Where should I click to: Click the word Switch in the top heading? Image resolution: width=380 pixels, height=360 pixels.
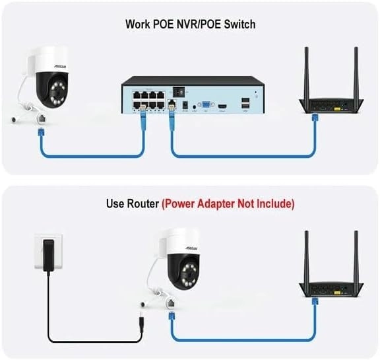tap(239, 24)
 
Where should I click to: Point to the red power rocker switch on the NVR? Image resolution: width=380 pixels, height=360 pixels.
tap(179, 92)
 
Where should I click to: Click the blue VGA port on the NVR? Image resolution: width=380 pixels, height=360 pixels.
tap(206, 105)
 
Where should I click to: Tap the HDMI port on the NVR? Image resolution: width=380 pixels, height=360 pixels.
tap(222, 106)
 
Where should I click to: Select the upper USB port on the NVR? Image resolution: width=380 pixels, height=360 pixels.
tap(245, 100)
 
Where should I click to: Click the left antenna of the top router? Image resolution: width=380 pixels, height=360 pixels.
tap(306, 73)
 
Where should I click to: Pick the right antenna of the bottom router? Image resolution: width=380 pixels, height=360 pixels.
tap(356, 257)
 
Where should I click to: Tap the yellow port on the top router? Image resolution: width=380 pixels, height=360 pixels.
tap(337, 109)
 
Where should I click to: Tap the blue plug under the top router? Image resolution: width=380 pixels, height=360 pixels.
tap(315, 118)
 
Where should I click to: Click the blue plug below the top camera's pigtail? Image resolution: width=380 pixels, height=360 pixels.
tap(41, 133)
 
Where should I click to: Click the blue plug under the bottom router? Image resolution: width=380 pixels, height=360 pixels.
tap(315, 302)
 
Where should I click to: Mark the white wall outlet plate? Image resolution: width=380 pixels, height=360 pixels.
tap(48, 252)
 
